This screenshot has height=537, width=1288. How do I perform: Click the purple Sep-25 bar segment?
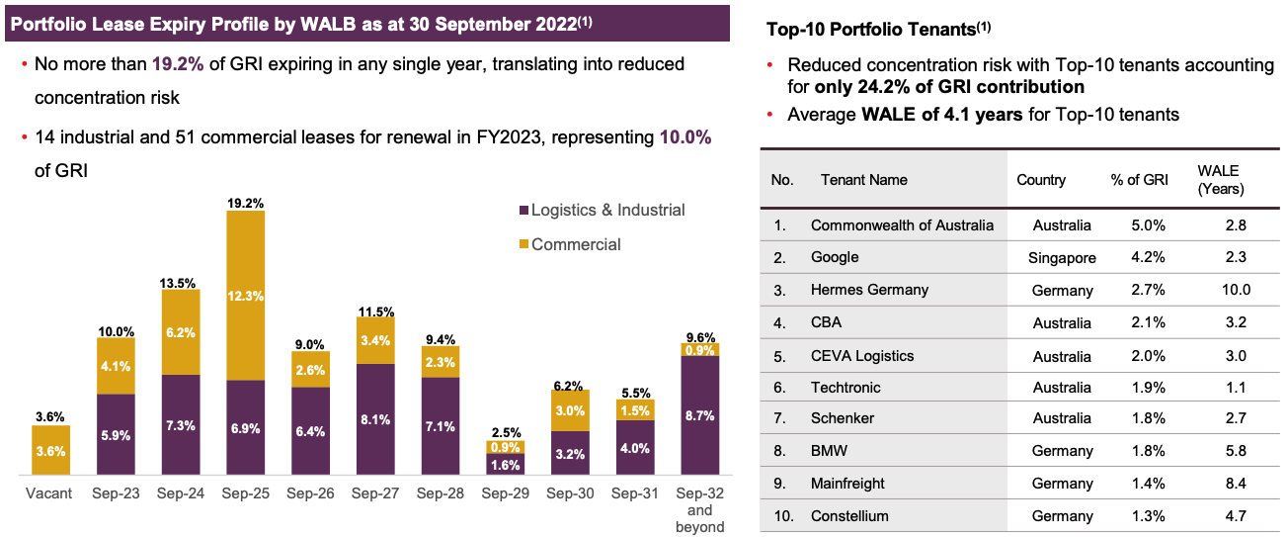(x=246, y=427)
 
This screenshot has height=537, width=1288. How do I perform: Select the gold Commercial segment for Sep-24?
(x=181, y=332)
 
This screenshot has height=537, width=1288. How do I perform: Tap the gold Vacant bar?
(x=51, y=450)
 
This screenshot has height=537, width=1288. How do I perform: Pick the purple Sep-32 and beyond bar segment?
(x=700, y=415)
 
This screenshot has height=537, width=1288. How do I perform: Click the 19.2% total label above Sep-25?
(x=246, y=202)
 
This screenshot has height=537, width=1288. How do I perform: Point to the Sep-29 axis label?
(x=506, y=492)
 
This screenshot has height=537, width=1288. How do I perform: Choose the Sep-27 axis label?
(x=375, y=492)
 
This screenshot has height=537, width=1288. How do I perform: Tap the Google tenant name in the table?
(x=835, y=257)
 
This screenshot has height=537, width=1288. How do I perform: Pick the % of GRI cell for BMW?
(x=1149, y=451)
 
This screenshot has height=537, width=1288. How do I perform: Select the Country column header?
(x=1041, y=180)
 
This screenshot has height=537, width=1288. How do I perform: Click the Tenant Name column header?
(x=863, y=180)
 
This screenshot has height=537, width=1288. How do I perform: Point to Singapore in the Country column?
(x=1062, y=257)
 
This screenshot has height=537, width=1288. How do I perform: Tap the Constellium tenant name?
(x=849, y=515)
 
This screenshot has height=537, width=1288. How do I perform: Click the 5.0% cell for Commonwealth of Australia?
(x=1149, y=224)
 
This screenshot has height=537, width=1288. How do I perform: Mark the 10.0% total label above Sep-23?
(x=116, y=330)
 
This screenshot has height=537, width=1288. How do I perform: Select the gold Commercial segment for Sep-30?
(x=571, y=409)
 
